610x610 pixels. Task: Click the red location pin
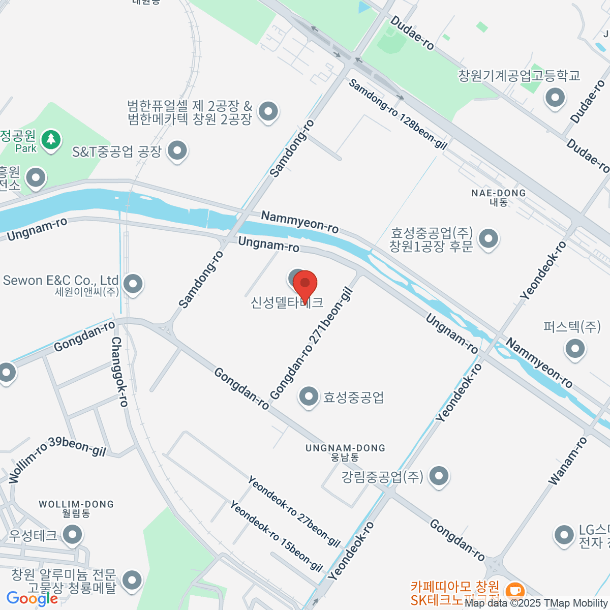(x=305, y=285)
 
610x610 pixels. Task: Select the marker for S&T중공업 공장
(x=177, y=150)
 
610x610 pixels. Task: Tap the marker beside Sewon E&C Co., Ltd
(x=133, y=284)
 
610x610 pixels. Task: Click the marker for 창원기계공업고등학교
(x=555, y=97)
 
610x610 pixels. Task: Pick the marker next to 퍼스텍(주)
(x=575, y=349)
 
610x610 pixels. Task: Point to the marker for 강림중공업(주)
(x=439, y=476)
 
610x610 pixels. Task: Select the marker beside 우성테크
(x=73, y=534)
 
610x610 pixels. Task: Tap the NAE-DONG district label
(x=498, y=197)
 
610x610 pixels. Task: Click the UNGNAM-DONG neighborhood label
(x=345, y=452)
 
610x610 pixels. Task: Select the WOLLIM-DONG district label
(x=76, y=508)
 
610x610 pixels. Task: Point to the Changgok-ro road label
(x=120, y=372)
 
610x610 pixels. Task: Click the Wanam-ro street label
(x=568, y=461)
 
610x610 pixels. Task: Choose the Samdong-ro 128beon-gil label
(x=398, y=114)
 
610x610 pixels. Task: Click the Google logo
(x=32, y=599)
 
